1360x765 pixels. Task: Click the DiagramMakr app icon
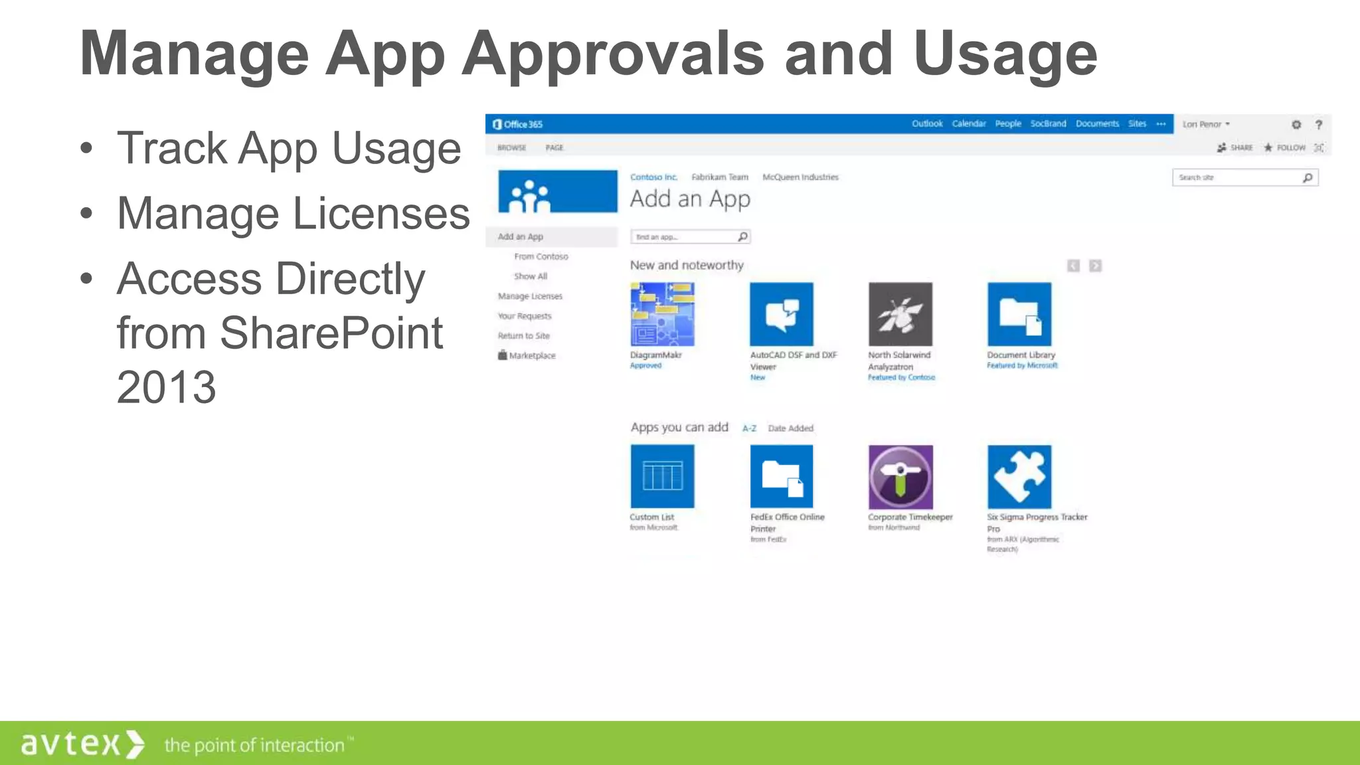(662, 314)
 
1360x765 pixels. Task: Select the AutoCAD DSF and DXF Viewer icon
(781, 314)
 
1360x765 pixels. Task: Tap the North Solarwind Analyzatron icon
(900, 314)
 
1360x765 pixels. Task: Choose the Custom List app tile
(662, 476)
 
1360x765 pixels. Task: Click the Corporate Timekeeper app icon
(900, 476)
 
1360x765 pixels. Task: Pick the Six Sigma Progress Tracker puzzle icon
(1019, 476)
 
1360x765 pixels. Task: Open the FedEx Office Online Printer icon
(781, 476)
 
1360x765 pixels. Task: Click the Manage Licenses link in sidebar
(530, 296)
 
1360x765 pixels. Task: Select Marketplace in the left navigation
(531, 356)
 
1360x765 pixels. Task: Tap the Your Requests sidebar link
(525, 316)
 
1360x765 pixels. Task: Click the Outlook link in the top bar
(927, 124)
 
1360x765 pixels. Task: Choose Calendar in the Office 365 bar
(969, 124)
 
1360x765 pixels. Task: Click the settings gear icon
(1296, 124)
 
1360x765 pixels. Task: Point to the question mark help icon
(1319, 124)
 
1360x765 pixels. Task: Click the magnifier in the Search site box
(1308, 177)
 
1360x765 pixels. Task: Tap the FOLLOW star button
(1284, 147)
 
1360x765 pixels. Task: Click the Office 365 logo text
(518, 124)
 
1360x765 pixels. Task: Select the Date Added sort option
(790, 428)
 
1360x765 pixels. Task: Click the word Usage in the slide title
(1005, 54)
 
